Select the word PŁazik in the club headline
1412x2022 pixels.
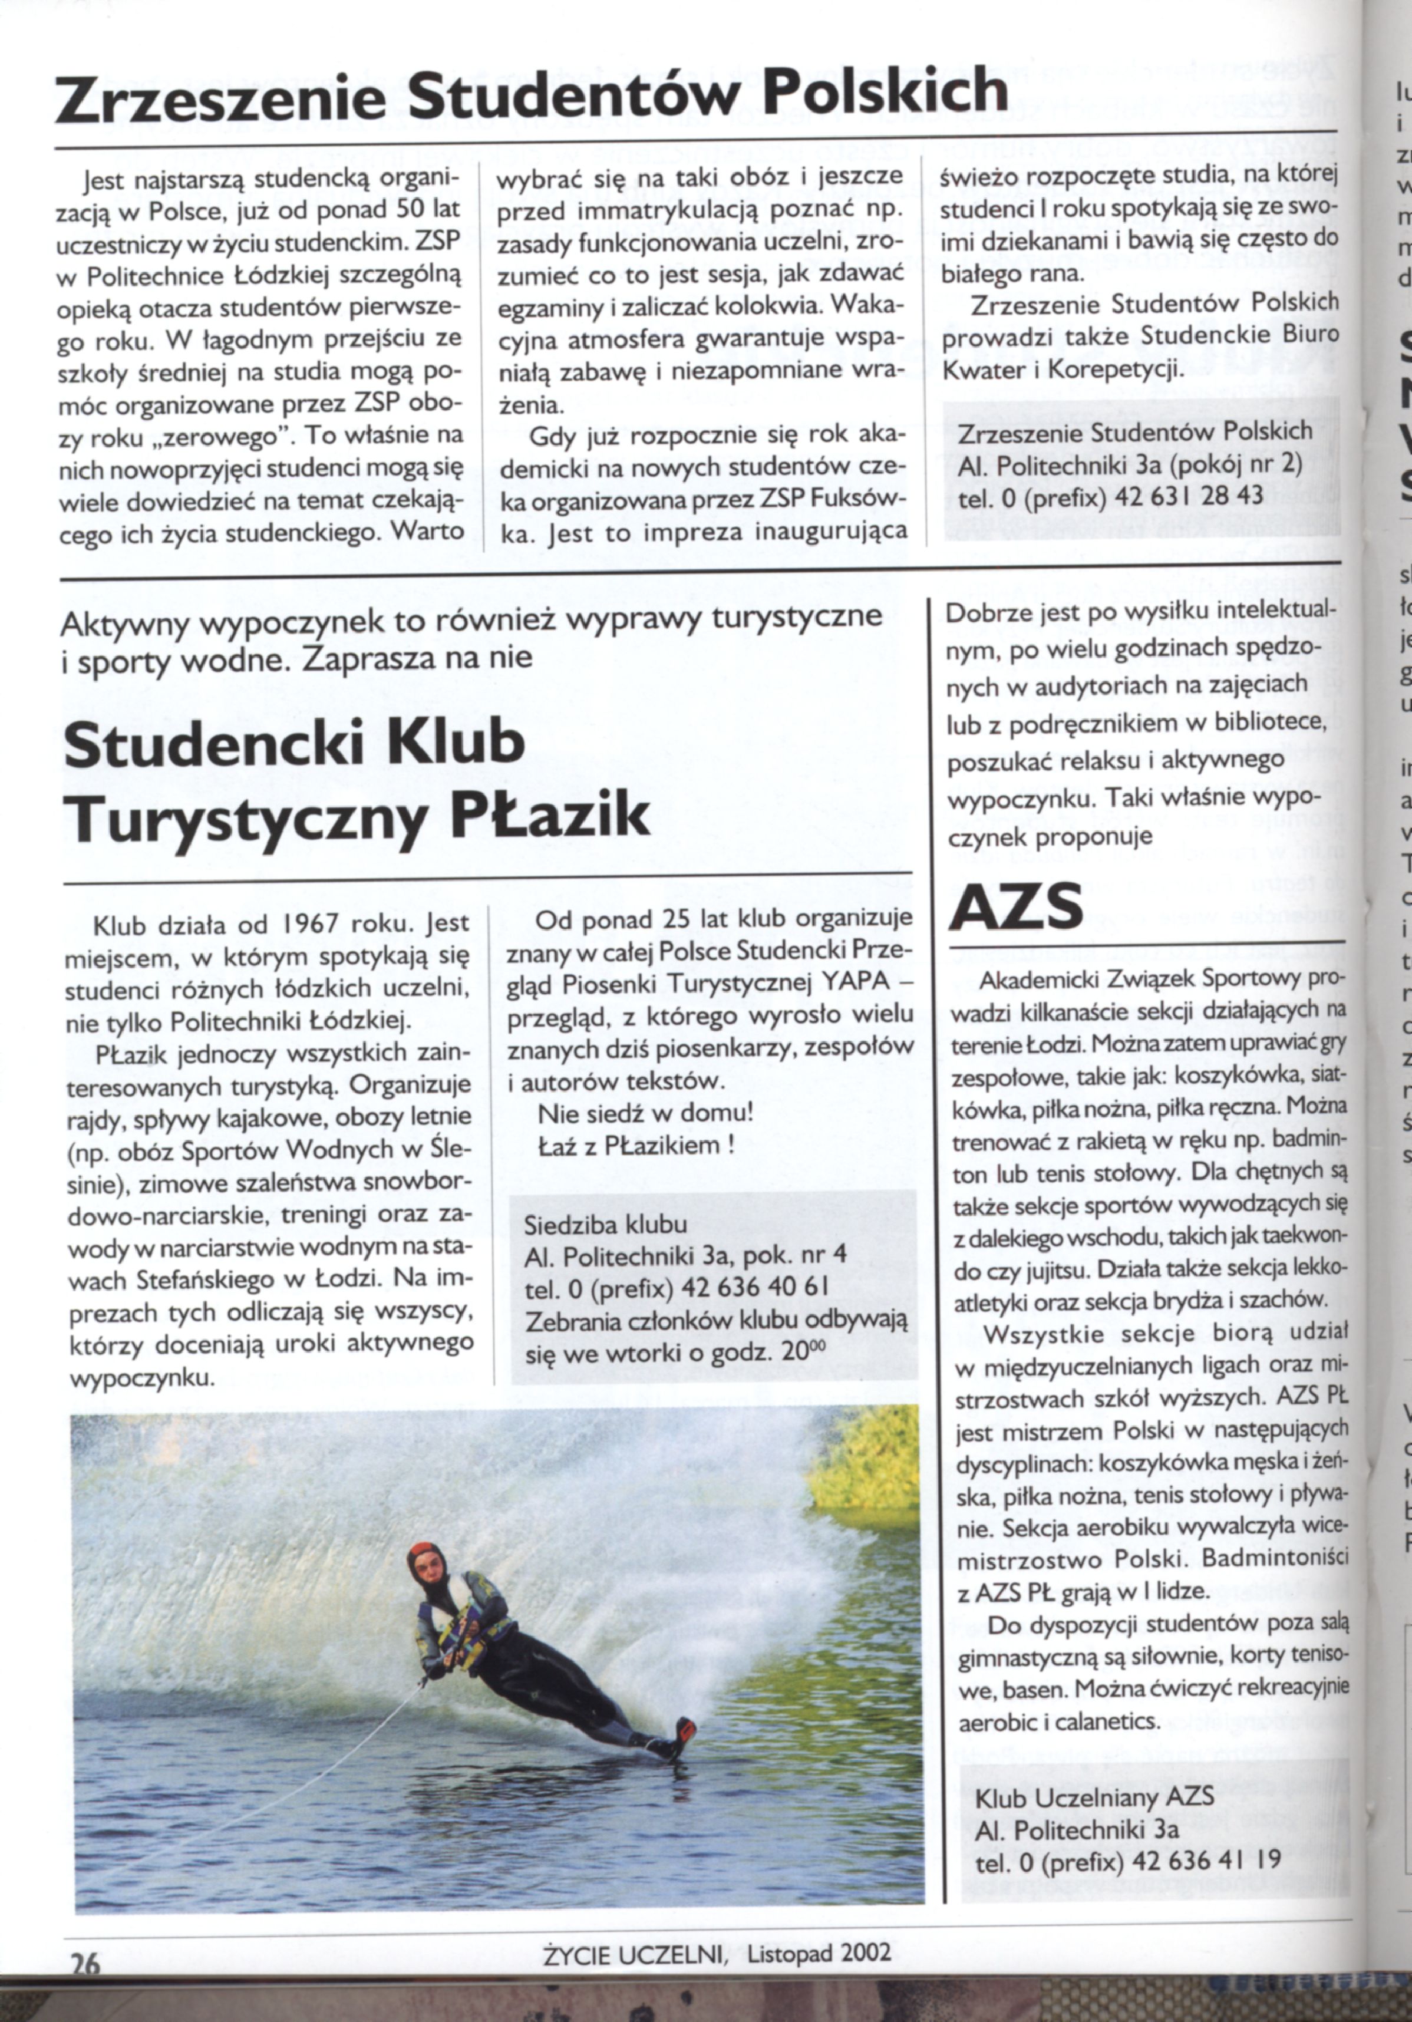pos(550,816)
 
